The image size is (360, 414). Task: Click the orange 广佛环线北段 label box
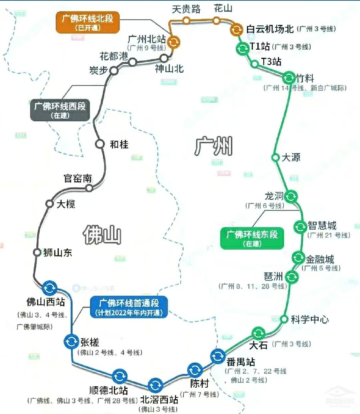(87, 22)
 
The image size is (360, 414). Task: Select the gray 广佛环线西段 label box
(60, 110)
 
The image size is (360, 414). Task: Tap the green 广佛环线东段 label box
(252, 238)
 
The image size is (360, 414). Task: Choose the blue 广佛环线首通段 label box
(129, 307)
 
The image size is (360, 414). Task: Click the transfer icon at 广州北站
(173, 42)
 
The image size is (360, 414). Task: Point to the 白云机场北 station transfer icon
(237, 30)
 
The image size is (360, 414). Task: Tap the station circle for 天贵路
(186, 21)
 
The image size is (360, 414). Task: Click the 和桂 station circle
(100, 144)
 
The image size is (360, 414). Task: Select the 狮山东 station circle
(37, 252)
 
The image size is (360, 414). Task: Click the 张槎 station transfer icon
(71, 341)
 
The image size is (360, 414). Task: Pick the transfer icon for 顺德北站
(119, 376)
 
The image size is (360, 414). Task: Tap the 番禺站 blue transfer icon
(218, 356)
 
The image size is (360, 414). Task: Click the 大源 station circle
(276, 157)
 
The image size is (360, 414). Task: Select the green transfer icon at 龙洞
(291, 196)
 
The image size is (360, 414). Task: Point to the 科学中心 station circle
(284, 319)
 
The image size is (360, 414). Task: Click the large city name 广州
(214, 146)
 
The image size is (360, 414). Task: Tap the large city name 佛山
(102, 235)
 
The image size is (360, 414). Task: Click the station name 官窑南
(78, 178)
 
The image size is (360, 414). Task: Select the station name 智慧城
(322, 226)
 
